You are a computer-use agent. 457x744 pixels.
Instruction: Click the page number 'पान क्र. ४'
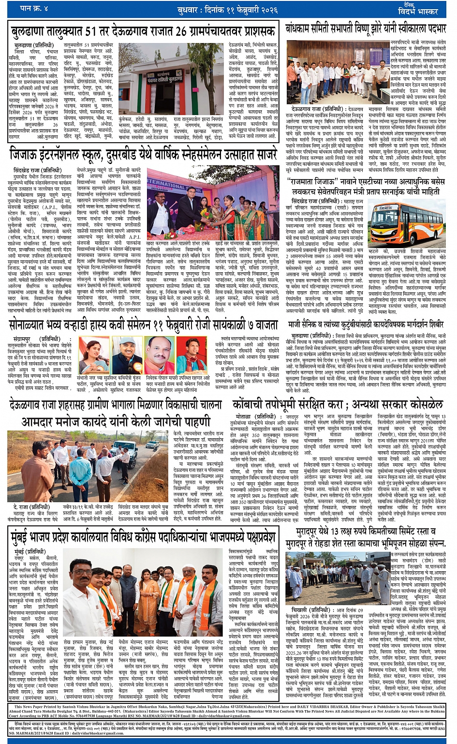(x=33, y=8)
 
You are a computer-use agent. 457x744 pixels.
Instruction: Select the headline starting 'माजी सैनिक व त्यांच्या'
(x=366, y=324)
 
